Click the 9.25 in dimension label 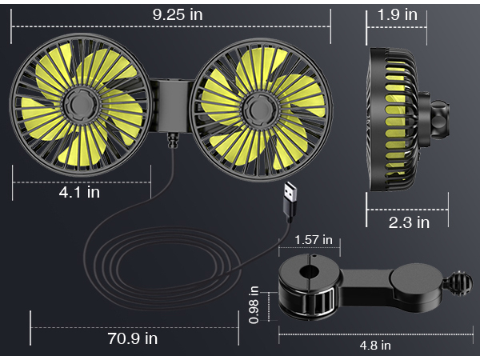tap(173, 14)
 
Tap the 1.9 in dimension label tap(398, 14)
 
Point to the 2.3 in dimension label tap(409, 222)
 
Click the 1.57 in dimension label tap(313, 240)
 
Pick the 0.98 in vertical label tap(254, 305)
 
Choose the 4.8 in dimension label tap(375, 345)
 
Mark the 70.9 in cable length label tap(132, 338)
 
